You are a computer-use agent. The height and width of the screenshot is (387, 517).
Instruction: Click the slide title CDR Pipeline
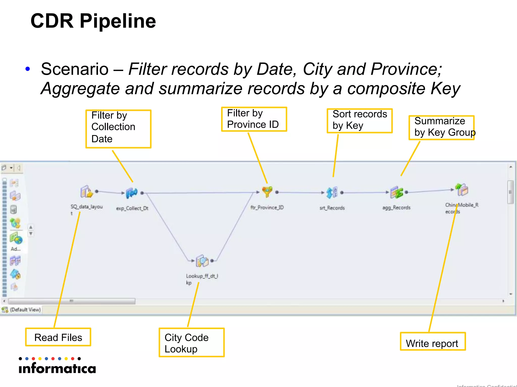tap(93, 21)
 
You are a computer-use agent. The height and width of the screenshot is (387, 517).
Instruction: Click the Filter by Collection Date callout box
tap(118, 128)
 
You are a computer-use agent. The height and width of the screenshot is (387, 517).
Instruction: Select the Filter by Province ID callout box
tap(254, 119)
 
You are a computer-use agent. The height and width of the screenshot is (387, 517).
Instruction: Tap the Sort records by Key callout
tap(359, 120)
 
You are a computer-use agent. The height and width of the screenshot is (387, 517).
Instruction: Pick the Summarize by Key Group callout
tap(442, 127)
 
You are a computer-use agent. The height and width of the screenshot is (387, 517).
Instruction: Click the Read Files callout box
tap(58, 337)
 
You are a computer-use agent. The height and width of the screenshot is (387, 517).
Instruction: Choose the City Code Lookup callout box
tap(191, 343)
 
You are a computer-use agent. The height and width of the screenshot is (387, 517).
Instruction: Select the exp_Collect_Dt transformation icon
tap(132, 193)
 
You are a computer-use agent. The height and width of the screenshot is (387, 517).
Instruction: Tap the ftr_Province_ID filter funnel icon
tap(267, 192)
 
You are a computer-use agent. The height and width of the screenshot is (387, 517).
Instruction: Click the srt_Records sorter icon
tap(331, 192)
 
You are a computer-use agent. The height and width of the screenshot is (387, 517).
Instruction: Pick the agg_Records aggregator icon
tap(396, 192)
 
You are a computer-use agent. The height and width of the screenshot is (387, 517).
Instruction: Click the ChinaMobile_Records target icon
tap(462, 190)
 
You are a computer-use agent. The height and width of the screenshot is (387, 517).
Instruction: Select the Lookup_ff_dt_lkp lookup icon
tap(202, 261)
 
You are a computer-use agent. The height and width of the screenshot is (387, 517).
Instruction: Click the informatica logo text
tap(58, 368)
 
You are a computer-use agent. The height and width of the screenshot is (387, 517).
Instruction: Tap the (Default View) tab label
tap(25, 310)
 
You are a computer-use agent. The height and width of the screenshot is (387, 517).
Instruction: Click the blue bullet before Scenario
tap(28, 69)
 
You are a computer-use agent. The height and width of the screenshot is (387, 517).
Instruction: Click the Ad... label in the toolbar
tap(16, 249)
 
